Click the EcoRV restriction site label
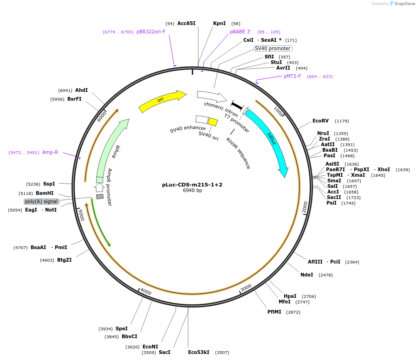point(320,121)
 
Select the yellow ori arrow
point(162,101)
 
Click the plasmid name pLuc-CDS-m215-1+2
point(192,185)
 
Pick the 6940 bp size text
point(192,191)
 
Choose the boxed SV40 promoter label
point(273,48)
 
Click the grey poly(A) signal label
point(41,201)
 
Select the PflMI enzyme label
point(274,312)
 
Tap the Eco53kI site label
point(199,352)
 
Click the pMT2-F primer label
point(293,76)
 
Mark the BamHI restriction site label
point(45,193)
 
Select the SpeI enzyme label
point(122,328)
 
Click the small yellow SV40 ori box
point(213,122)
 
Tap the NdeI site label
point(307,275)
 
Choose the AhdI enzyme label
point(81,90)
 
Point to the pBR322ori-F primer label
point(151,32)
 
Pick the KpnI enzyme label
point(219,23)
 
